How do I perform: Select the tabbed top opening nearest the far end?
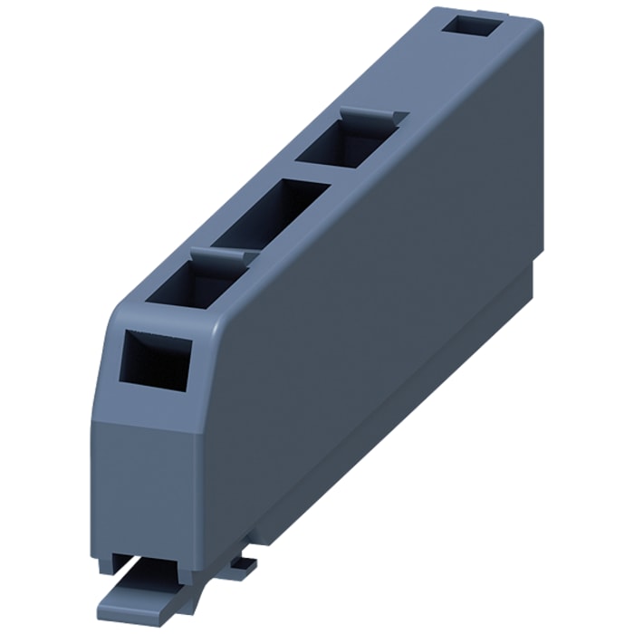348,145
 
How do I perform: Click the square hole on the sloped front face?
156,360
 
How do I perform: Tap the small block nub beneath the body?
243,563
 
